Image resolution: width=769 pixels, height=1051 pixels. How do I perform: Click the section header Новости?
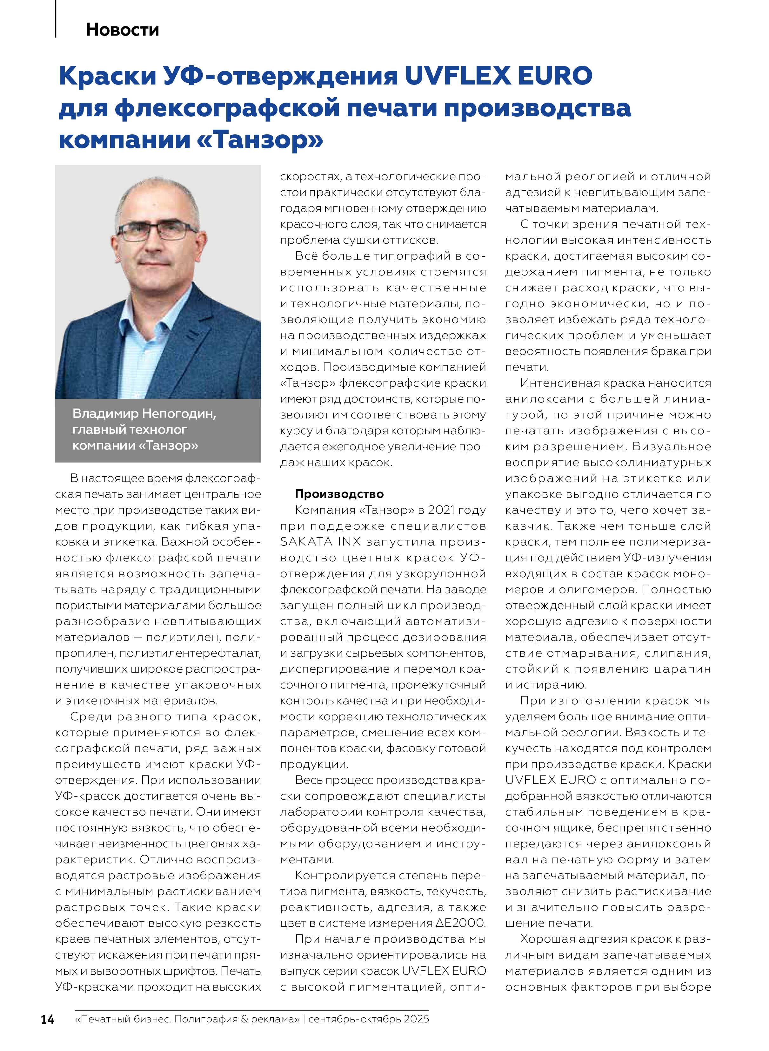(x=123, y=30)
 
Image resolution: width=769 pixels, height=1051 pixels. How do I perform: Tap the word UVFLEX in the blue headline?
(x=458, y=75)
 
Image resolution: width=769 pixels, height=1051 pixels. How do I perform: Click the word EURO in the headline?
(x=555, y=75)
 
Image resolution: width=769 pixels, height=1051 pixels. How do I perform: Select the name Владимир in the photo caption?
(x=105, y=414)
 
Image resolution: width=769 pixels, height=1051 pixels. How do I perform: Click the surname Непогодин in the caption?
(x=179, y=414)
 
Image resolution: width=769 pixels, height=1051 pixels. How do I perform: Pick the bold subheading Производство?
(x=339, y=494)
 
